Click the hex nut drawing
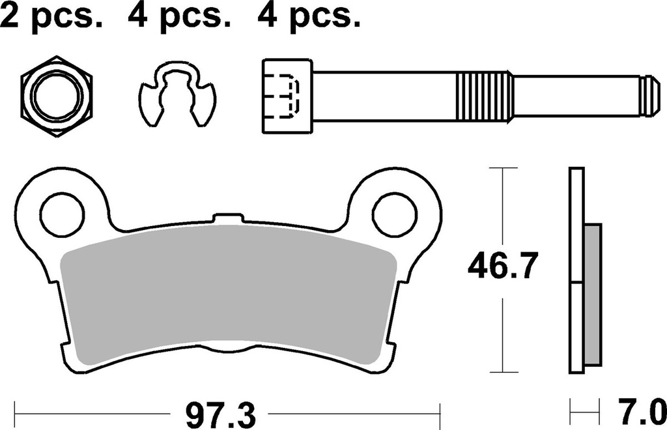point(57,96)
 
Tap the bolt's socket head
point(285,96)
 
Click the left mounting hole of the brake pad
point(62,212)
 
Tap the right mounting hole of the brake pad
point(395,212)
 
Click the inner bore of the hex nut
point(57,96)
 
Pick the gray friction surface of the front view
point(227,293)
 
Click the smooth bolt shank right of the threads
point(573,96)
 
